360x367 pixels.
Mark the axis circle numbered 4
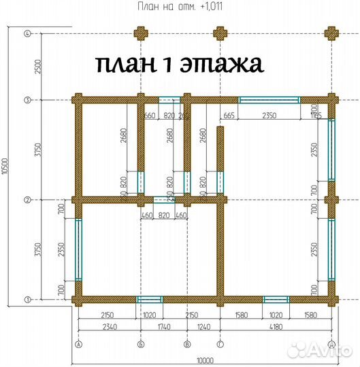coord(27,33)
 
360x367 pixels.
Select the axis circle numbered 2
coord(27,200)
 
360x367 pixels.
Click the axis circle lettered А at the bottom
coord(79,345)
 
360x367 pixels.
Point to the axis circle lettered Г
coord(219,345)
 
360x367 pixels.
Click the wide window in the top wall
coord(269,100)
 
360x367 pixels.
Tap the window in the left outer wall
coord(79,249)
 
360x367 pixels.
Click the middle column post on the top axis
coord(219,33)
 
